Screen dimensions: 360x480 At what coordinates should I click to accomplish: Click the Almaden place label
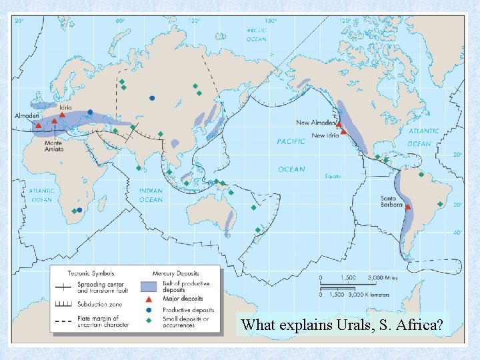pyautogui.click(x=26, y=116)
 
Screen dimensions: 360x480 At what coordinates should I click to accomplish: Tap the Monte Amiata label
pyautogui.click(x=53, y=146)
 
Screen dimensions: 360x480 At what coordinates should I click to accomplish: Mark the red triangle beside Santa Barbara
pyautogui.click(x=408, y=207)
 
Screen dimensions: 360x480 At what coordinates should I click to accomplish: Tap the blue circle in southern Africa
pyautogui.click(x=79, y=211)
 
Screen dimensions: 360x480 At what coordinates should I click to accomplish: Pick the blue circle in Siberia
pyautogui.click(x=152, y=98)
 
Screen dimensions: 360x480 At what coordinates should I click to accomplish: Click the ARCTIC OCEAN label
pyautogui.click(x=256, y=35)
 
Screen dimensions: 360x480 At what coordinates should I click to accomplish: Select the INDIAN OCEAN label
pyautogui.click(x=151, y=195)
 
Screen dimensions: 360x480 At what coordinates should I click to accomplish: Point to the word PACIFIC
pyautogui.click(x=291, y=141)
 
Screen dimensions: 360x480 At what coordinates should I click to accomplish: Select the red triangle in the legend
pyautogui.click(x=149, y=299)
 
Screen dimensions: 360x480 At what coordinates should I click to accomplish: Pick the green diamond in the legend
pyautogui.click(x=149, y=321)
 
